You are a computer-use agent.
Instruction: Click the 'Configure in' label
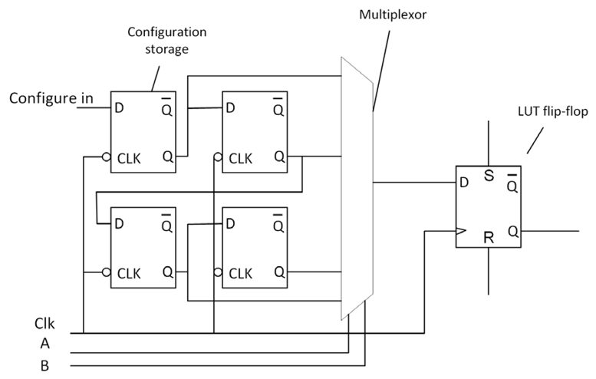(51, 98)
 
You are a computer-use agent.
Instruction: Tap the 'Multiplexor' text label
(393, 15)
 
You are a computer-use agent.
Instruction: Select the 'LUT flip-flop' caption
(553, 111)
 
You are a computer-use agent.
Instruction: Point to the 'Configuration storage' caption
(167, 41)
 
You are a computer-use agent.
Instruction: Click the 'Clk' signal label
(44, 324)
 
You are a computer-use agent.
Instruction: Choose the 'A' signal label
(44, 344)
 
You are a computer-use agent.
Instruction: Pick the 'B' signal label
(44, 366)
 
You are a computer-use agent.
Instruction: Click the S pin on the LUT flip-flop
(489, 175)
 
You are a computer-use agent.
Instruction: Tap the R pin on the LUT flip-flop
(489, 238)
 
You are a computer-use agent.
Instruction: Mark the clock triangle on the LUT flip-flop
(461, 231)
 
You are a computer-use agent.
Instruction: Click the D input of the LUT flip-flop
(464, 183)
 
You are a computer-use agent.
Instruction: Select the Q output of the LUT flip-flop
(512, 231)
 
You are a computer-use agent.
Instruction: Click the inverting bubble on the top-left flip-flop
(107, 157)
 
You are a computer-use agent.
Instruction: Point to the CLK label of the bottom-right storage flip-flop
(240, 273)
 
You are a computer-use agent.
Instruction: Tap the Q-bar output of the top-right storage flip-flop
(278, 107)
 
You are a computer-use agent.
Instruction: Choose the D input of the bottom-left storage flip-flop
(119, 223)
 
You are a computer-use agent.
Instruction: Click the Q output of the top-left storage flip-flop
(168, 157)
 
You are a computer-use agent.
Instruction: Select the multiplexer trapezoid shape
(357, 188)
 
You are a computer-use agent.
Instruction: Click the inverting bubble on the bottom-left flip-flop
(107, 272)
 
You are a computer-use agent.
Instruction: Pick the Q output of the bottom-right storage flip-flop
(279, 272)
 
